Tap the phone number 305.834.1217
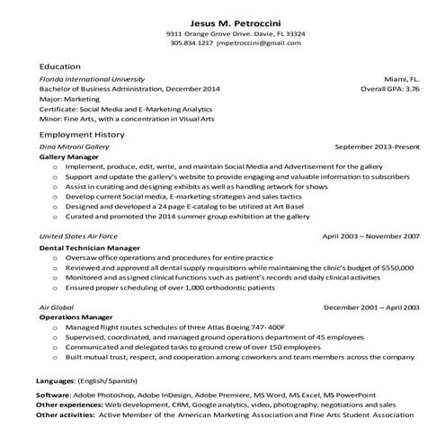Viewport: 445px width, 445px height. point(191,42)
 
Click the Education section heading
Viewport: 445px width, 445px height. point(59,67)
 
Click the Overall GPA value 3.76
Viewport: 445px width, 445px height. point(411,90)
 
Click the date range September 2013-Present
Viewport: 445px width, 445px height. point(377,146)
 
